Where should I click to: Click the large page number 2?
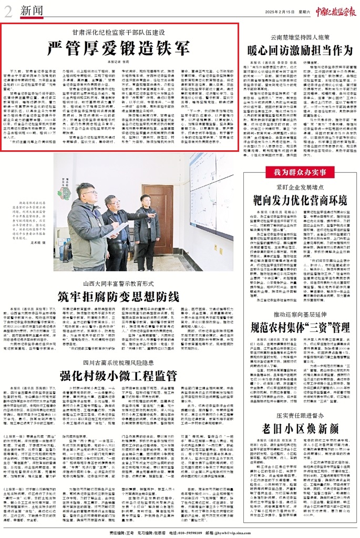click(x=7, y=9)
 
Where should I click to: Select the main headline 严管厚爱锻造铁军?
click(x=119, y=48)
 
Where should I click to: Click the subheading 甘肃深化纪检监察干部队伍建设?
click(x=119, y=33)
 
